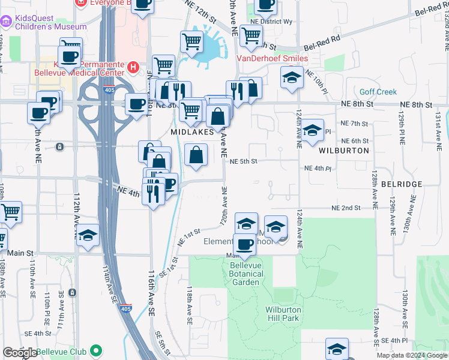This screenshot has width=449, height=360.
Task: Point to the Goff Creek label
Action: [378, 92]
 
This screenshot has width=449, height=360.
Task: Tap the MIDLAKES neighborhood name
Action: [192, 131]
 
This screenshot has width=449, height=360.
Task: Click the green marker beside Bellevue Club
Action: [97, 351]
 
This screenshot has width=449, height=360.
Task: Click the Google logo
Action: [20, 353]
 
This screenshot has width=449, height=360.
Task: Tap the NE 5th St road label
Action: [244, 161]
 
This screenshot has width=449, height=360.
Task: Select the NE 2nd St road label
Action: [346, 208]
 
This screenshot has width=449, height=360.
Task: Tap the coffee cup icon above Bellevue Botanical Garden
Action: [245, 245]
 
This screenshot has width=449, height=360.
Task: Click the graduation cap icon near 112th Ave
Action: [88, 235]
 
